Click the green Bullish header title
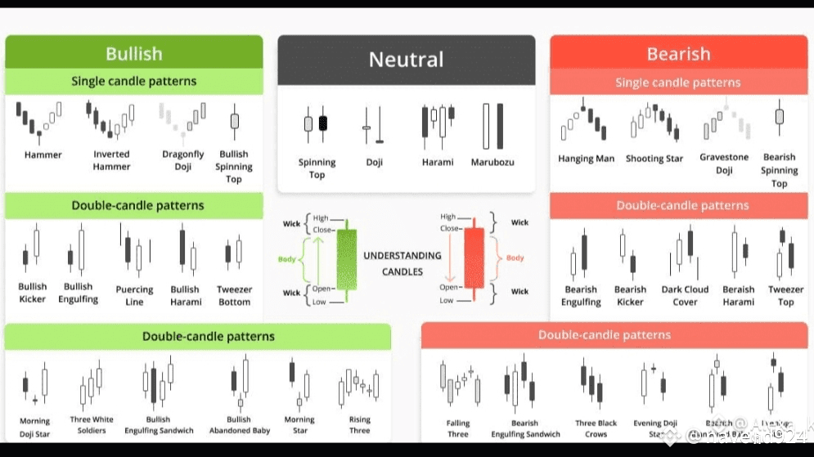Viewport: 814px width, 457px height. [x=133, y=54]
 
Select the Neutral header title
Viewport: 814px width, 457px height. [x=406, y=60]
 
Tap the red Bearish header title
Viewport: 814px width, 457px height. [x=678, y=54]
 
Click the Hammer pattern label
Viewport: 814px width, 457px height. [x=43, y=155]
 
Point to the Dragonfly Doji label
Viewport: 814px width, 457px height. [x=183, y=160]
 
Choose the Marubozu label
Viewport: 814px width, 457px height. [x=492, y=162]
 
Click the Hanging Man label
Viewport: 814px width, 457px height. [x=586, y=159]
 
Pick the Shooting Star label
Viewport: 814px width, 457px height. [x=654, y=159]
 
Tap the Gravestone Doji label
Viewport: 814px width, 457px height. [x=724, y=164]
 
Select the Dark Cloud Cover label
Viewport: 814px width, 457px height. [x=685, y=295]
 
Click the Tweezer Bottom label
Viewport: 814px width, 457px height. [x=234, y=295]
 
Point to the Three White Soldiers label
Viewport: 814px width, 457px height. [x=92, y=425]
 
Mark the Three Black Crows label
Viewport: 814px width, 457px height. [x=596, y=428]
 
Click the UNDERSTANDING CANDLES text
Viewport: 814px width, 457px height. [x=402, y=263]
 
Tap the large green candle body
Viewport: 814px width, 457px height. [x=347, y=260]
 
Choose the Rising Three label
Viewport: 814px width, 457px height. [x=359, y=425]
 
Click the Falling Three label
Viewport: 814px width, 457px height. [x=458, y=428]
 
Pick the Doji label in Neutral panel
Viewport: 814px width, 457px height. [x=374, y=162]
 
